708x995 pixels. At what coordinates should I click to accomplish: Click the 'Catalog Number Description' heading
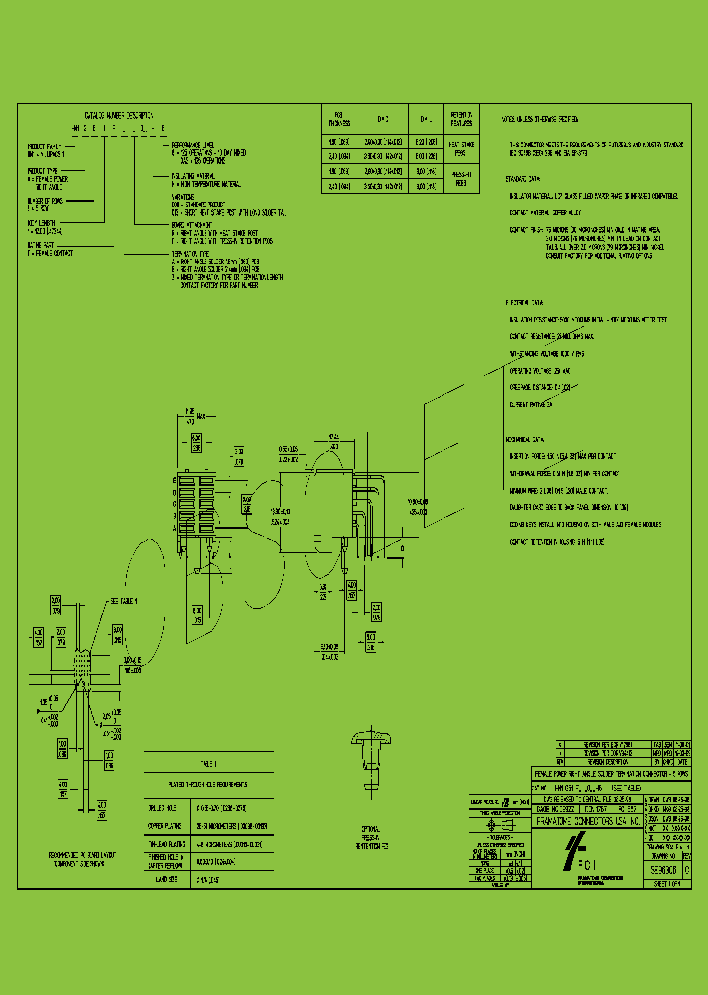point(117,115)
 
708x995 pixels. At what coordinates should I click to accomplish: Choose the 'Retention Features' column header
point(460,118)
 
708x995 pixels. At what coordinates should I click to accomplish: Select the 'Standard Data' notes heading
point(523,179)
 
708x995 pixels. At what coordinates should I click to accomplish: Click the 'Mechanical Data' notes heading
point(525,439)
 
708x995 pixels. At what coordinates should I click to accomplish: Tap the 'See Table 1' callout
point(124,600)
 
